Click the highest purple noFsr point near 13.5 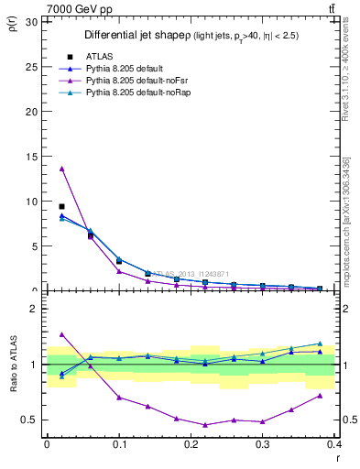[61, 169]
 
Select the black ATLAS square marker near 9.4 [61, 207]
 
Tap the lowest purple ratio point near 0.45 [205, 425]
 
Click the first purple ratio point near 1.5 [61, 334]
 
